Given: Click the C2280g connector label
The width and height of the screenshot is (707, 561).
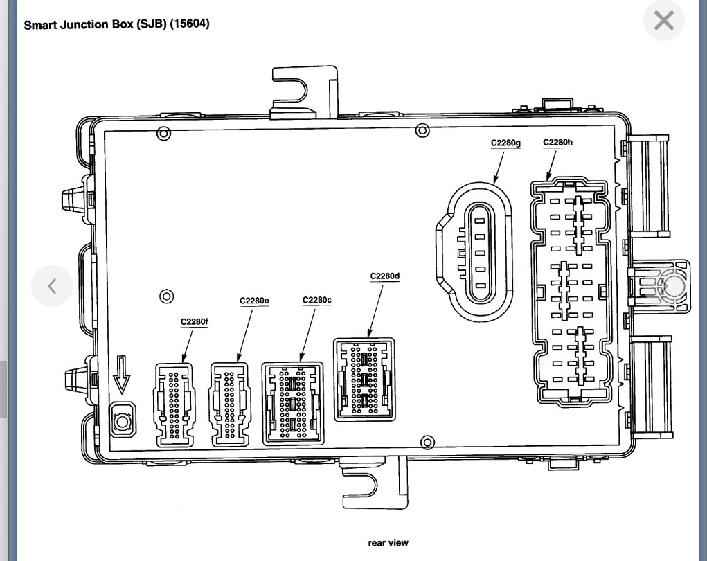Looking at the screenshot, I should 505,143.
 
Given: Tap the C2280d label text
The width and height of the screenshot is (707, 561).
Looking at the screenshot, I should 384,276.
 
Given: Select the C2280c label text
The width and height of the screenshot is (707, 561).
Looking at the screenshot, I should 317,300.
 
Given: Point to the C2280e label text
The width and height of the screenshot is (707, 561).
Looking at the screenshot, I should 254,300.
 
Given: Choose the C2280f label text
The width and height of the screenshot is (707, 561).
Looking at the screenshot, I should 194,321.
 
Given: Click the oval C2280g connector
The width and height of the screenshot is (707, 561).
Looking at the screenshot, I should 478,253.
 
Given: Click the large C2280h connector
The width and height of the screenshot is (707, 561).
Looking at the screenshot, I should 571,291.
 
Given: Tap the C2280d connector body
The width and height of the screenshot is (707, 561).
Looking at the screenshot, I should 364,379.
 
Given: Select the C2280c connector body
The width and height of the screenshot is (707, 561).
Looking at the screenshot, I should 293,402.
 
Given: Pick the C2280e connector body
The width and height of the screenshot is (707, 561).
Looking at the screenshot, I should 230,404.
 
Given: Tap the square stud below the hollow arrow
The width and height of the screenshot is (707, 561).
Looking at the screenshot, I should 123,420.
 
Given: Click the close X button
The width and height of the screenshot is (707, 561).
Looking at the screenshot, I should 663,21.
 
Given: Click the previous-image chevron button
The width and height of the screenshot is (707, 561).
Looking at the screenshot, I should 52,285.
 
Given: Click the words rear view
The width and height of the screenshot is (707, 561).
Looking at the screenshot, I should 388,543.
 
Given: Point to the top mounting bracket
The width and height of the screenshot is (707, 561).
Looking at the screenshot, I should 305,90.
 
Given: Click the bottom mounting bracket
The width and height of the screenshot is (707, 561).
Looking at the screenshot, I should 374,488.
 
